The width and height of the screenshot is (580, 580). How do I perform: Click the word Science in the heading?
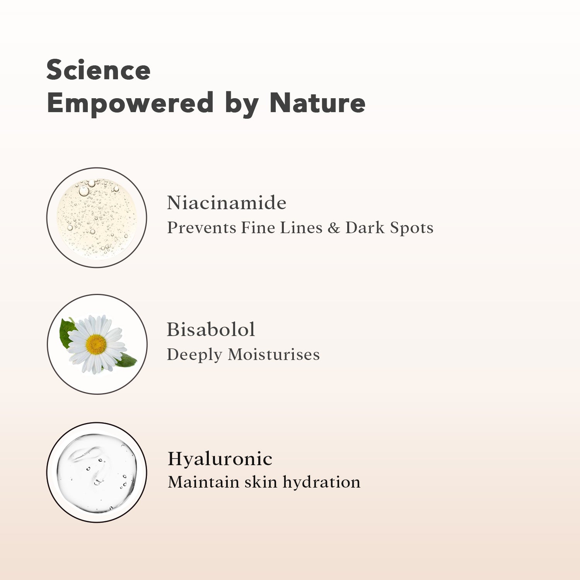tap(98, 70)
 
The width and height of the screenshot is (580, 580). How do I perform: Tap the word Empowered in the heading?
tap(130, 103)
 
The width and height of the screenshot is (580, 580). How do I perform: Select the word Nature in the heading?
tap(317, 103)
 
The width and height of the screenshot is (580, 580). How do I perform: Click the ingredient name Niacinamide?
tap(227, 203)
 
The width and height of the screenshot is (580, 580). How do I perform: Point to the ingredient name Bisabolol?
tap(211, 329)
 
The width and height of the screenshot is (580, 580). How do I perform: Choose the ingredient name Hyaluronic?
tap(220, 459)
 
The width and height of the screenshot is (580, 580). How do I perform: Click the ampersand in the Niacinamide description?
tap(334, 228)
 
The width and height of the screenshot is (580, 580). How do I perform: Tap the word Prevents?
tap(202, 228)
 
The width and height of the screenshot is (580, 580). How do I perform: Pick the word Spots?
tap(411, 228)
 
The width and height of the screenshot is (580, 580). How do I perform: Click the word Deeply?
tap(194, 355)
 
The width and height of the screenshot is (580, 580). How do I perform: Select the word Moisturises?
tap(274, 355)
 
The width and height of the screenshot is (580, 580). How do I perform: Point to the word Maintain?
tap(204, 482)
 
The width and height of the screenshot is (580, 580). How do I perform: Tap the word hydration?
tap(321, 482)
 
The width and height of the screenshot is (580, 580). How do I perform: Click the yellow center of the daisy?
tap(96, 345)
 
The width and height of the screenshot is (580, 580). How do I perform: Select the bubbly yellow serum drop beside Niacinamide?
tap(97, 218)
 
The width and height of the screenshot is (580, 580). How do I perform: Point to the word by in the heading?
tap(242, 105)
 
